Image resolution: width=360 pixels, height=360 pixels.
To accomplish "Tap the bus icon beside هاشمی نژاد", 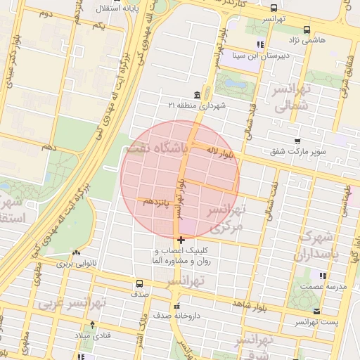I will [307, 30].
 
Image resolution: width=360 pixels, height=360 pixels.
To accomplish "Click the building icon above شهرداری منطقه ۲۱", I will [196, 94].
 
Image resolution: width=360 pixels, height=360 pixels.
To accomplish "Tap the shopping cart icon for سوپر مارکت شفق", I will [298, 141].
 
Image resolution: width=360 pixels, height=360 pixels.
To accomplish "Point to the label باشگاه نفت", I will [159, 148].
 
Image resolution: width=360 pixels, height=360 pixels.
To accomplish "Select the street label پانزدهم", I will [157, 202].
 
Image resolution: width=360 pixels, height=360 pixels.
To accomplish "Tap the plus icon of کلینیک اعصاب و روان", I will [181, 240].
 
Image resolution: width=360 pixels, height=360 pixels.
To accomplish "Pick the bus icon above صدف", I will [139, 284].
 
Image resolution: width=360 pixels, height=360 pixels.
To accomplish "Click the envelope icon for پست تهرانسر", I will [316, 311].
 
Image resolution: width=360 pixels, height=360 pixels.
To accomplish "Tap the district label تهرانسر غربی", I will [72, 304].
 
